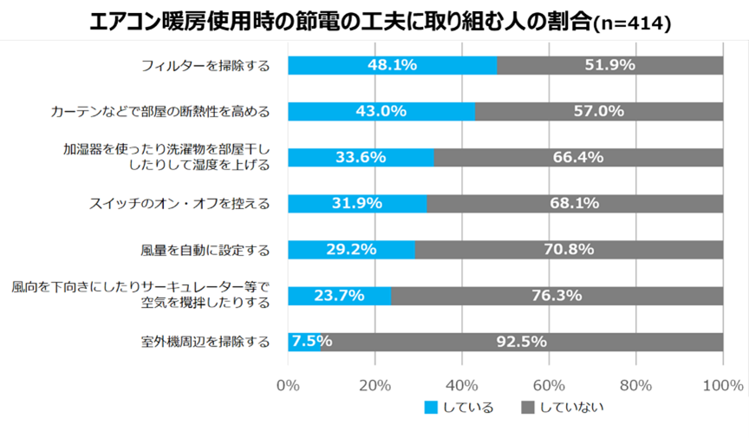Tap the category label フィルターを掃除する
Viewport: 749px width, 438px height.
point(205,65)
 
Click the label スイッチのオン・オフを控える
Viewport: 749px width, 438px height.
point(179,204)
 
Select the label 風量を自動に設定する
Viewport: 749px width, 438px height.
point(205,250)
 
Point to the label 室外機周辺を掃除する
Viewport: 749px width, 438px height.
point(205,342)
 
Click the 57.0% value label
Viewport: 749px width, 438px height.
point(599,111)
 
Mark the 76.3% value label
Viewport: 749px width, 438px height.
point(557,296)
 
